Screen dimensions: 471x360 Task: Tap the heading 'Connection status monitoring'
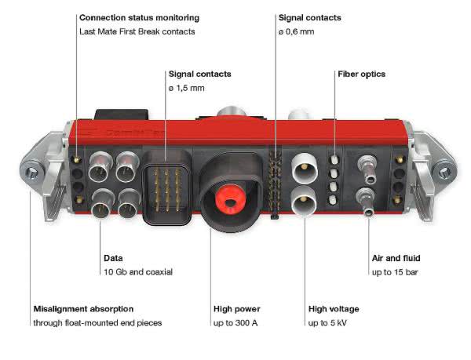[140, 18]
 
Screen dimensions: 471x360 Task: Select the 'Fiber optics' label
[361, 74]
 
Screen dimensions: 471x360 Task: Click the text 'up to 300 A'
[235, 323]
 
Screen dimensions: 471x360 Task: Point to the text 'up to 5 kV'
[327, 323]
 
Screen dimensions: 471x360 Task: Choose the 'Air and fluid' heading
[396, 258]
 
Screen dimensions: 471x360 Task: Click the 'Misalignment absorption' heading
[83, 309]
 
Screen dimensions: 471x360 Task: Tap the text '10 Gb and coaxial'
[138, 272]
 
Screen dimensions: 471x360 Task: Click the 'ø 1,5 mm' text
[187, 88]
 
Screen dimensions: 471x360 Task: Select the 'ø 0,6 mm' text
[296, 31]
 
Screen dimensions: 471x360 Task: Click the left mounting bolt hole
[31, 173]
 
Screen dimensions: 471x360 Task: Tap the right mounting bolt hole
[444, 173]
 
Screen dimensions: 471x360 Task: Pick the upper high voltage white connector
[305, 169]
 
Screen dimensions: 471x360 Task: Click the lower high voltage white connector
[303, 201]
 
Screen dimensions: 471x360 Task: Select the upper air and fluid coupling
[368, 169]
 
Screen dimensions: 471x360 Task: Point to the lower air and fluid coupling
[367, 202]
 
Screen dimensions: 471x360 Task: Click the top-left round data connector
[100, 167]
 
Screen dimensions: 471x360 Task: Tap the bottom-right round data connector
[130, 204]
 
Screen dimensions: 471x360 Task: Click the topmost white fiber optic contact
[334, 159]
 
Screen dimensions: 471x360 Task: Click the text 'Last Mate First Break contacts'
[137, 31]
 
